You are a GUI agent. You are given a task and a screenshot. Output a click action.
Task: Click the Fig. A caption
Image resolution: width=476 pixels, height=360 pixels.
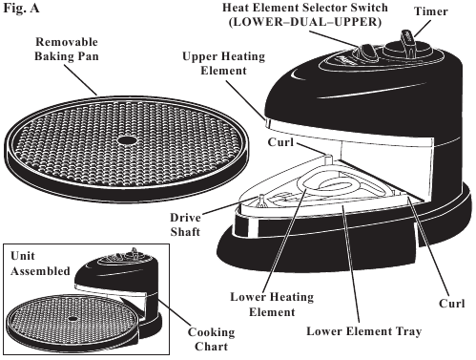click(21, 8)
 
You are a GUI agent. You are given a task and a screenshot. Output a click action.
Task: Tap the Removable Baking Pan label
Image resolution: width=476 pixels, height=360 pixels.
click(67, 49)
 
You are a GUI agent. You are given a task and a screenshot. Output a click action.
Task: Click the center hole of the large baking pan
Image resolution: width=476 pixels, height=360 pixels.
click(127, 140)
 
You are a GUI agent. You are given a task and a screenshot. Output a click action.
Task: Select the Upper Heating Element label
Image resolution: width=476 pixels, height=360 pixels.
click(223, 63)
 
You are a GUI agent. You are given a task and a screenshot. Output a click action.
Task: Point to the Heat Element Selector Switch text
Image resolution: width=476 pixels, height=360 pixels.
click(305, 8)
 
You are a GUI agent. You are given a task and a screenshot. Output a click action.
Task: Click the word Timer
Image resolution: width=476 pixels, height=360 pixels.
click(431, 11)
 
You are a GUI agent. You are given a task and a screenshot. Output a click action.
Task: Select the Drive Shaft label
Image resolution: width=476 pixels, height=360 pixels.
click(185, 224)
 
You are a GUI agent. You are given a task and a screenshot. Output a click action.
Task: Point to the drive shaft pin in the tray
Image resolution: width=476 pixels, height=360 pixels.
click(261, 201)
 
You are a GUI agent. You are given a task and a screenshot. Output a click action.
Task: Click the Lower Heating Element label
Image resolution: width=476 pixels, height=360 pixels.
click(272, 305)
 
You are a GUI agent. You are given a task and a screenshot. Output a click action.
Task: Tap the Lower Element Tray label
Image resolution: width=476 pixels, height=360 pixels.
click(364, 331)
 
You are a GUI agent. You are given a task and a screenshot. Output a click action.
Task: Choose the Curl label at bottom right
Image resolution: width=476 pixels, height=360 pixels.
click(452, 304)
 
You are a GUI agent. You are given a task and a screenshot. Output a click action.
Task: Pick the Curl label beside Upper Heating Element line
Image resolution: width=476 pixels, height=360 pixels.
click(280, 142)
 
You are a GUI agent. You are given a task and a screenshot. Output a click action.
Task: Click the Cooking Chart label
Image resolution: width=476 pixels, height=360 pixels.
click(212, 339)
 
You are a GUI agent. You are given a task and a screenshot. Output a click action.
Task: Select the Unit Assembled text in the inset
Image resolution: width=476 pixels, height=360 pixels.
click(40, 264)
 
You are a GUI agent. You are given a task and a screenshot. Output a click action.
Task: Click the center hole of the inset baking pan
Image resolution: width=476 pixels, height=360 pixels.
click(72, 319)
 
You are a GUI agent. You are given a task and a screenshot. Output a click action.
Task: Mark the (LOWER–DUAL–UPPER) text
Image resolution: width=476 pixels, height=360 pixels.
click(305, 22)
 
